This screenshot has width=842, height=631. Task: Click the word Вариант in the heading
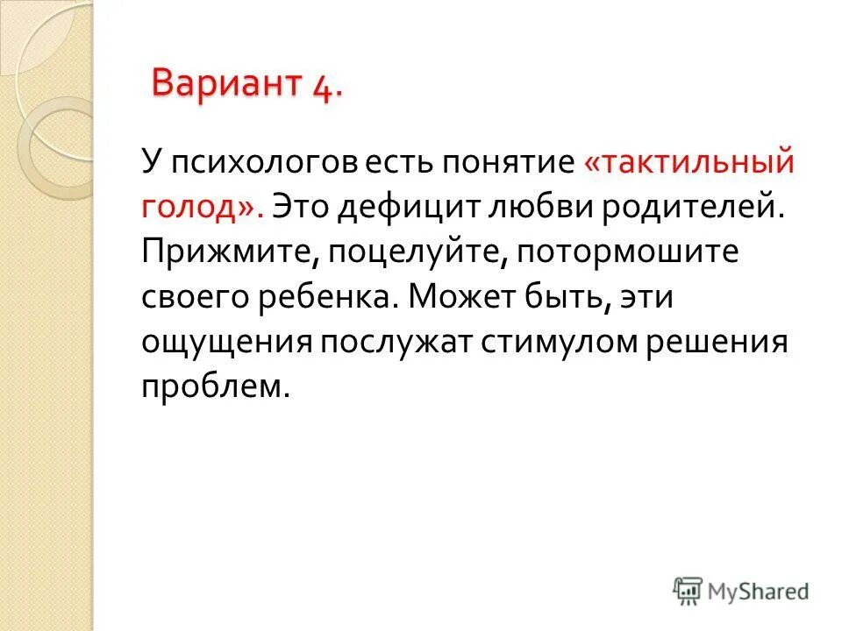(225, 85)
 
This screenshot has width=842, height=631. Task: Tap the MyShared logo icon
(689, 591)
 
